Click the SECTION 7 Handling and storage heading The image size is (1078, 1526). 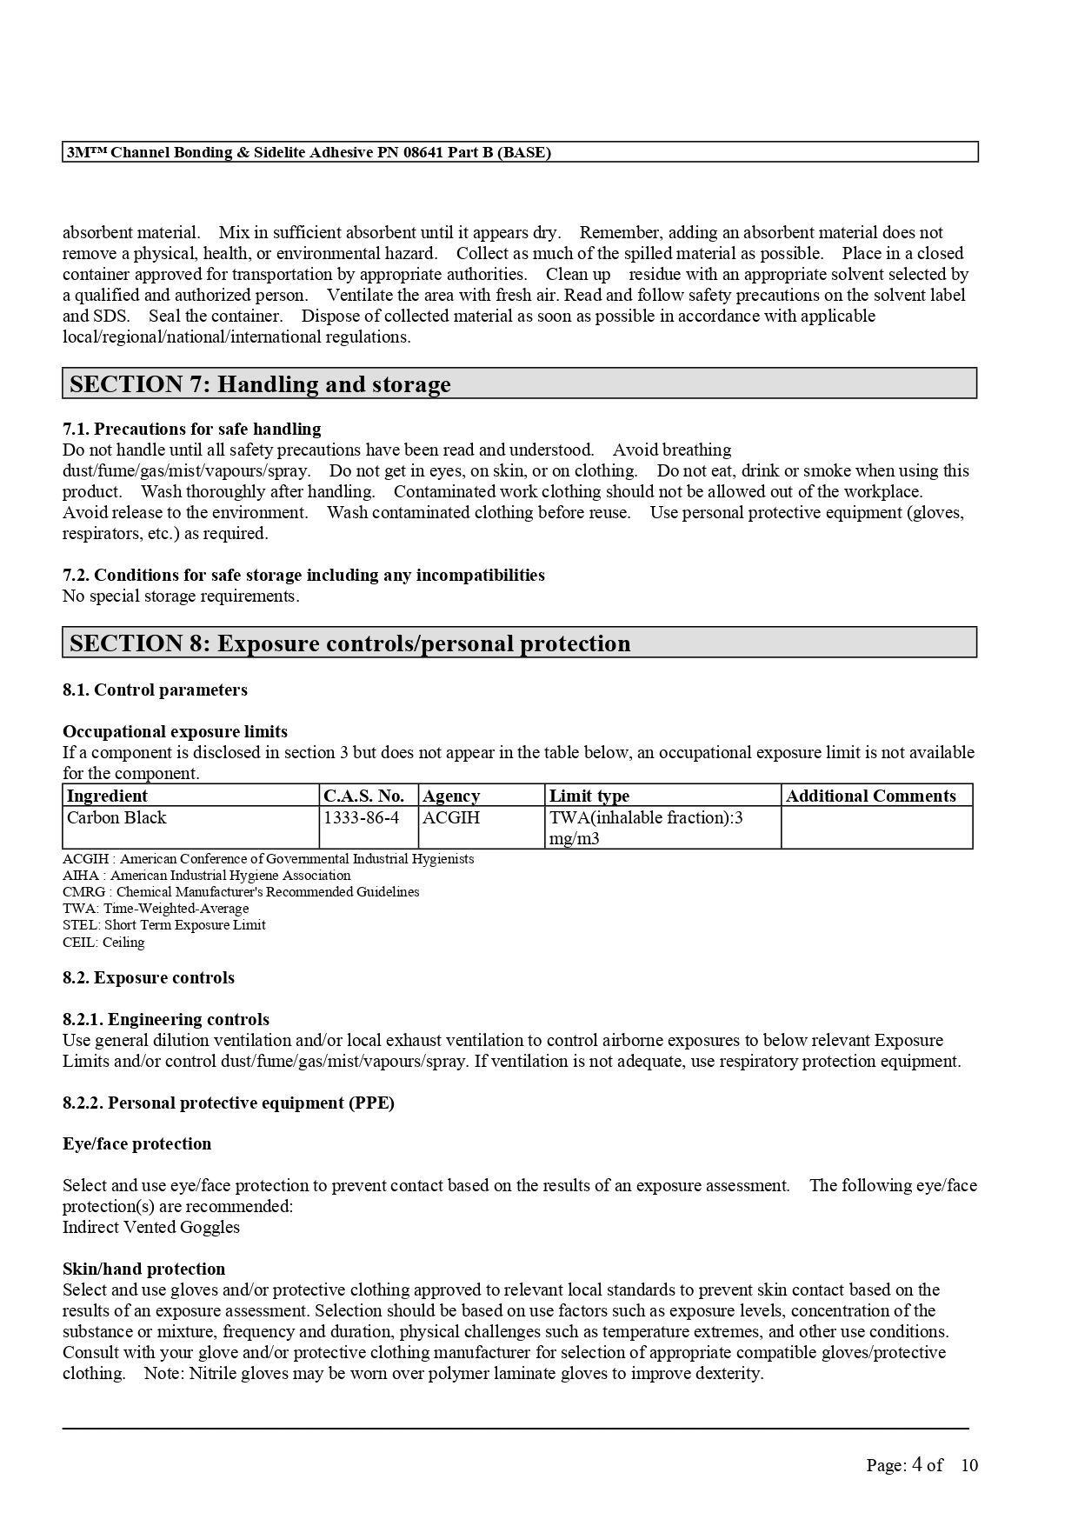(260, 384)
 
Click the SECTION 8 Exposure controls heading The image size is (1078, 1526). (349, 643)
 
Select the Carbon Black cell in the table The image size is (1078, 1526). (116, 817)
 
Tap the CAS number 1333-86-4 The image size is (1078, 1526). (361, 817)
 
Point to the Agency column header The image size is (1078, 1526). (451, 796)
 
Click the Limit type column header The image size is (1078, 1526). (589, 796)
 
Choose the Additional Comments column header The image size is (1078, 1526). (870, 796)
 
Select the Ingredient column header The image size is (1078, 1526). (107, 796)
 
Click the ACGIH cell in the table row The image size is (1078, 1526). (451, 817)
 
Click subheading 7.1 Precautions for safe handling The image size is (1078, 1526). (191, 429)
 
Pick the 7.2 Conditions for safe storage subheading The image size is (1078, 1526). (303, 575)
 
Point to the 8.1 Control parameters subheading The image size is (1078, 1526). (155, 690)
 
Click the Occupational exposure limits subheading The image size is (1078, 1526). (175, 731)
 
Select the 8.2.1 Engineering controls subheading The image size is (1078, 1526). (166, 1019)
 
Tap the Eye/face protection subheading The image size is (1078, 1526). (136, 1143)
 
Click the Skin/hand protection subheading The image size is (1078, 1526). (143, 1269)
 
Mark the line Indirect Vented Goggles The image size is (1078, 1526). (151, 1227)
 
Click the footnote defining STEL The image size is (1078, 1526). (164, 925)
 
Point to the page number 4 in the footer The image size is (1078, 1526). (916, 1464)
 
